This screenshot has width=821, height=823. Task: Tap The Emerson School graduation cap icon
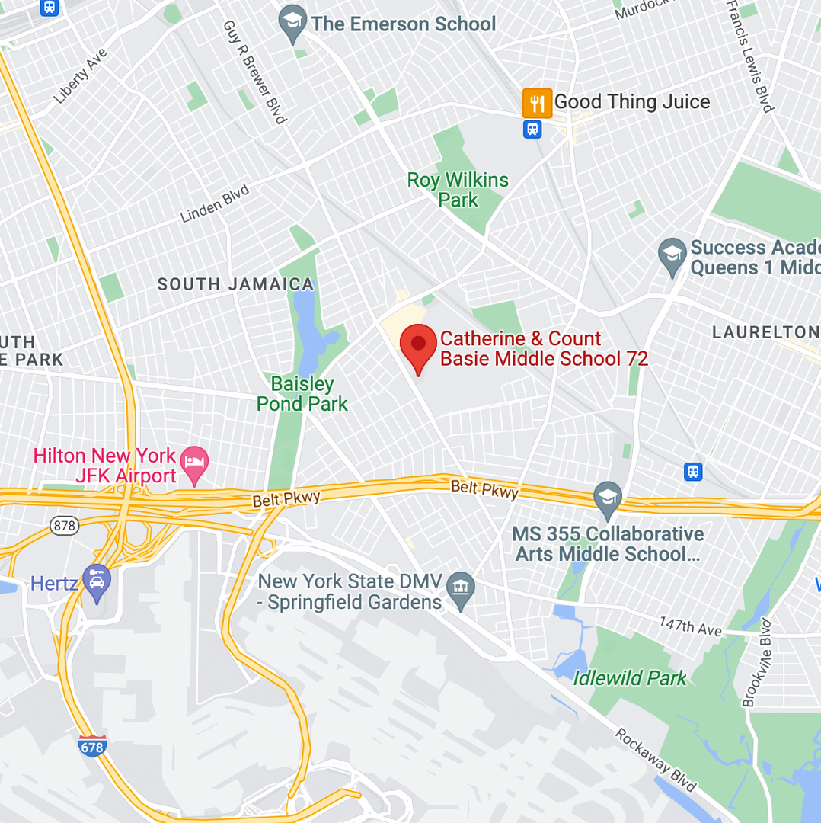[x=292, y=24]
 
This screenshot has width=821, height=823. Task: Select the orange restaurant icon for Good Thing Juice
[x=537, y=103]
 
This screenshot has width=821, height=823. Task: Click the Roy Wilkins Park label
[x=458, y=190]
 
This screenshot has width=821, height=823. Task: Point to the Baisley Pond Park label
[x=302, y=394]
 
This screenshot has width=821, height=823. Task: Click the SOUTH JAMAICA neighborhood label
[x=235, y=285]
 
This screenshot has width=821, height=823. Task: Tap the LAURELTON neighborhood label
[x=765, y=332]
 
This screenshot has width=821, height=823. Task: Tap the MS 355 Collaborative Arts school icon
[x=607, y=498]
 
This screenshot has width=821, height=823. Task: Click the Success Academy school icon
[x=672, y=257]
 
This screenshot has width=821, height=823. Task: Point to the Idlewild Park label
[x=630, y=677]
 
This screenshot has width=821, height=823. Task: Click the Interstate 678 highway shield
[x=91, y=746]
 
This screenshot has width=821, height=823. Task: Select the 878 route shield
[x=64, y=525]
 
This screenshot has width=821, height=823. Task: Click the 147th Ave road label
[x=690, y=626]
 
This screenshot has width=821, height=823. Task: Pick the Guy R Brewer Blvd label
[x=254, y=72]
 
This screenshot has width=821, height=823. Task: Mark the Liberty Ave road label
[x=81, y=76]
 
